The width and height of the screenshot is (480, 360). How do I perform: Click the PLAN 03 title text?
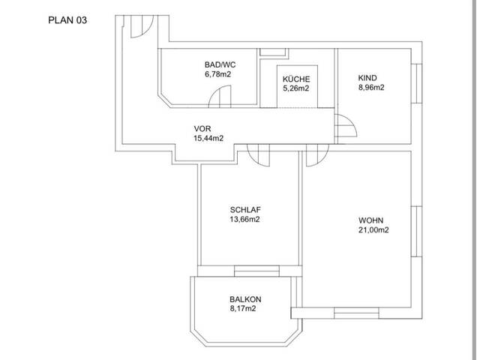click(67, 20)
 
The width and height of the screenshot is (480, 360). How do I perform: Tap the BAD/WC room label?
click(220, 65)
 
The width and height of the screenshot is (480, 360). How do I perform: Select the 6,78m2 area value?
click(217, 74)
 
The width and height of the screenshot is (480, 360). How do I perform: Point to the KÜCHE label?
click(296, 79)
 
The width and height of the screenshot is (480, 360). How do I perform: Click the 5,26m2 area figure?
click(295, 88)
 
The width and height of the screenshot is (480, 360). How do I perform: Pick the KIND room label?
click(367, 78)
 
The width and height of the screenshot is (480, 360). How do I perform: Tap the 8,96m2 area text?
click(371, 88)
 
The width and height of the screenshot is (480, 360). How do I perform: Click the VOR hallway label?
click(202, 128)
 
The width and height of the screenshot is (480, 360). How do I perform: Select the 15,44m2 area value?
click(208, 138)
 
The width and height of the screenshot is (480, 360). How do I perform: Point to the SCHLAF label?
click(245, 210)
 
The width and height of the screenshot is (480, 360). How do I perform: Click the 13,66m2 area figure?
click(245, 219)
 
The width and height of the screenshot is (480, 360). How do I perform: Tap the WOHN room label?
click(371, 220)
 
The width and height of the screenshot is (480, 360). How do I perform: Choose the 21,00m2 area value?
click(373, 230)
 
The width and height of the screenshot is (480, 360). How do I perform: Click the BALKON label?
click(245, 299)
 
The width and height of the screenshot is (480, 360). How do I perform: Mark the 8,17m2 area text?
click(243, 308)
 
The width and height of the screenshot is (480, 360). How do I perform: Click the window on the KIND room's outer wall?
click(417, 83)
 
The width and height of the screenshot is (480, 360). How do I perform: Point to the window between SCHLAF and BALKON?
click(256, 271)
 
